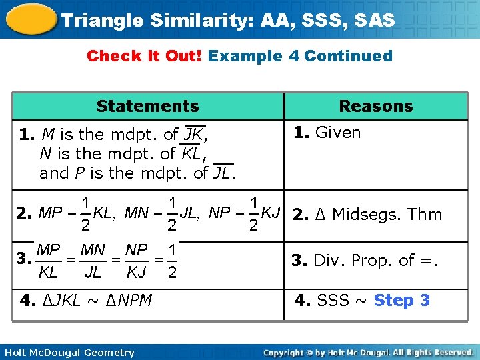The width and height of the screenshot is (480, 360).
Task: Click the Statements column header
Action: tap(147, 106)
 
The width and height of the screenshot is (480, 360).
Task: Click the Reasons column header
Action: tap(375, 106)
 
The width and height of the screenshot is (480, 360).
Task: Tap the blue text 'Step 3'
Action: tap(401, 301)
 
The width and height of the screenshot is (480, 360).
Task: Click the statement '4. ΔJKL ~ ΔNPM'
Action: tap(86, 301)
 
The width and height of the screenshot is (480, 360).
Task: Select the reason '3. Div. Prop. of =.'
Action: tap(365, 261)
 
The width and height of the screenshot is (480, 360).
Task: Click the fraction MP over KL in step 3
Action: tap(48, 261)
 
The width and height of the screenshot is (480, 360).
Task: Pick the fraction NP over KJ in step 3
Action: tap(137, 261)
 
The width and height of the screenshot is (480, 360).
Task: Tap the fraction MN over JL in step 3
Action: tap(92, 261)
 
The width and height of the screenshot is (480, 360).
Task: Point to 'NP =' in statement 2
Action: tap(226, 213)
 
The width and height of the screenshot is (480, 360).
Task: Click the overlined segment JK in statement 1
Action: tap(194, 134)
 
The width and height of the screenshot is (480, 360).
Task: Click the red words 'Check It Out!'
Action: tap(145, 56)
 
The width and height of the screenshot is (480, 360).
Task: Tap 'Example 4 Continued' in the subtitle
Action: tap(300, 56)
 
